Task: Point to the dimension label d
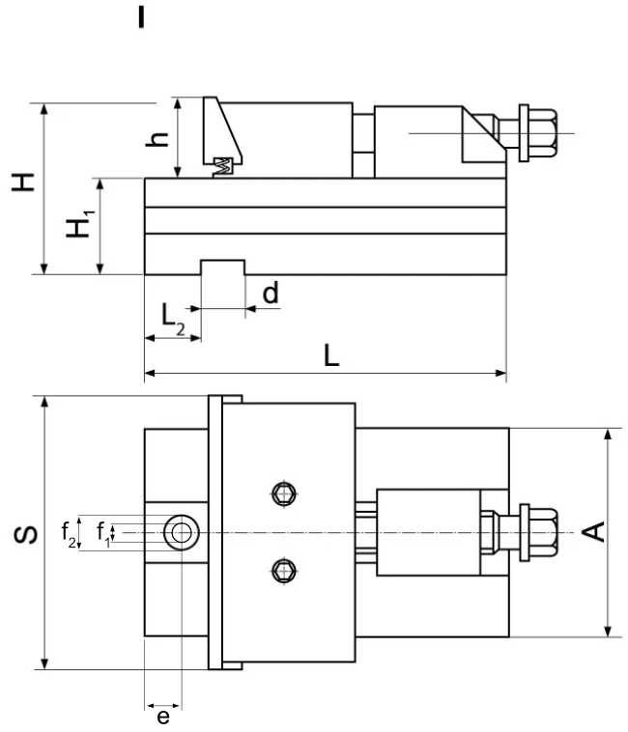pos(271,293)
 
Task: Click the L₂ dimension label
pos(171,317)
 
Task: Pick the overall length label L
pos(330,355)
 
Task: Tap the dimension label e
pos(163,717)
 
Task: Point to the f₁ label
pos(102,531)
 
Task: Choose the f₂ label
pos(69,531)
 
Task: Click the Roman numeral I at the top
pos(142,17)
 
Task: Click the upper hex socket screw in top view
pos(281,494)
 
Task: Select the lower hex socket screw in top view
pos(281,571)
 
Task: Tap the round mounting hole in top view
pos(180,531)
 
